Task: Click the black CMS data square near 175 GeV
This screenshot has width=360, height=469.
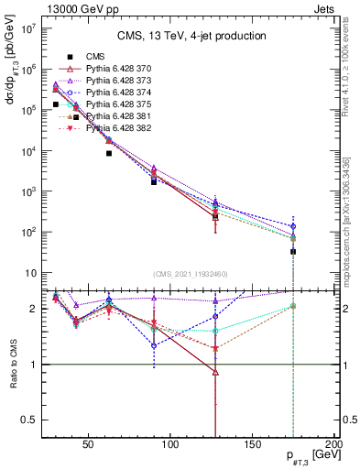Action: click(x=293, y=251)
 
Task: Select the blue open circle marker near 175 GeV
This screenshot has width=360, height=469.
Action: click(x=293, y=226)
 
